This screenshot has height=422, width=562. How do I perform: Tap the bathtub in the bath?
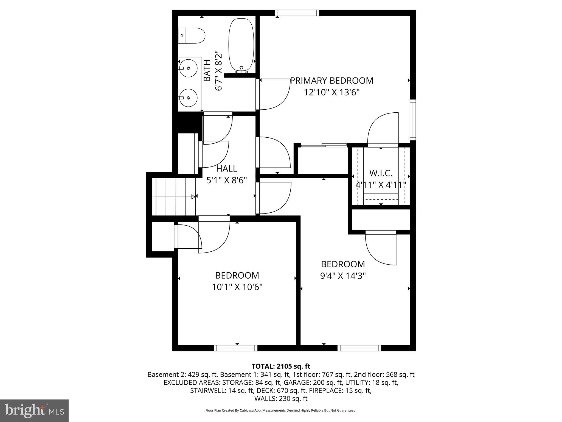point(241,45)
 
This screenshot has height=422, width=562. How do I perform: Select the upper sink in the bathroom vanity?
point(188,68)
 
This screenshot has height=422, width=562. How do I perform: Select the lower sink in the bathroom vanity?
point(188,98)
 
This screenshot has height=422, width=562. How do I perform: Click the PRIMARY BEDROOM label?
point(331,81)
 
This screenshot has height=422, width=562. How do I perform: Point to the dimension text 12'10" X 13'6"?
point(331,93)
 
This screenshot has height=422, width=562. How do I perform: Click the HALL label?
point(227,168)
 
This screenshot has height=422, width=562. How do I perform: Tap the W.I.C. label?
point(381,173)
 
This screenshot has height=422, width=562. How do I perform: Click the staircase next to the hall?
point(173,197)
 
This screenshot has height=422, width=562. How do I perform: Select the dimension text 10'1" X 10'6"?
point(237,287)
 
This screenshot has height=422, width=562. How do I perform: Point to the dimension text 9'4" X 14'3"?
point(343,276)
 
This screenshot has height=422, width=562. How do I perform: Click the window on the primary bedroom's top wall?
point(297,13)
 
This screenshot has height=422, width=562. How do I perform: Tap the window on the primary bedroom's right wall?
point(413,120)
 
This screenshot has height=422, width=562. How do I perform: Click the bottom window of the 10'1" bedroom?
point(236,348)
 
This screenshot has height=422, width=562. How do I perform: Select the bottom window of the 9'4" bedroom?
point(359,348)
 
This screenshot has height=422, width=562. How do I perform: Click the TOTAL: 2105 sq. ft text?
point(281,366)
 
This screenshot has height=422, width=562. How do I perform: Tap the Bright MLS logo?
point(34,411)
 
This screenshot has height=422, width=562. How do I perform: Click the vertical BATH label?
point(207,71)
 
